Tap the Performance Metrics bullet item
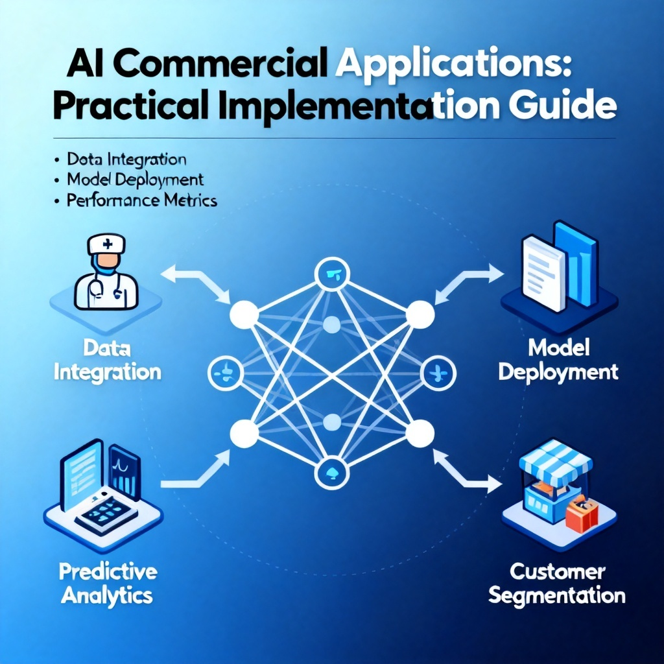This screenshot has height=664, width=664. [141, 200]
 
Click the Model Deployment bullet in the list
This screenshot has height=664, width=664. [135, 180]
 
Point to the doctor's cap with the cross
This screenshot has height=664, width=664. [106, 244]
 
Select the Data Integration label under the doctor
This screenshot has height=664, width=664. [108, 361]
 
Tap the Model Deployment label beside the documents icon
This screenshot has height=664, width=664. [558, 361]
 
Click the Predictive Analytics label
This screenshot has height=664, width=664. [108, 584]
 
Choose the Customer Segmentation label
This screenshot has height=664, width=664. [557, 584]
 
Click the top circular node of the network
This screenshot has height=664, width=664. [332, 274]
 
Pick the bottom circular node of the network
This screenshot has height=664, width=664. [332, 473]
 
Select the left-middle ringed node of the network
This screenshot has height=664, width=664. [226, 373]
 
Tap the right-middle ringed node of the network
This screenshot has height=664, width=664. [438, 373]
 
